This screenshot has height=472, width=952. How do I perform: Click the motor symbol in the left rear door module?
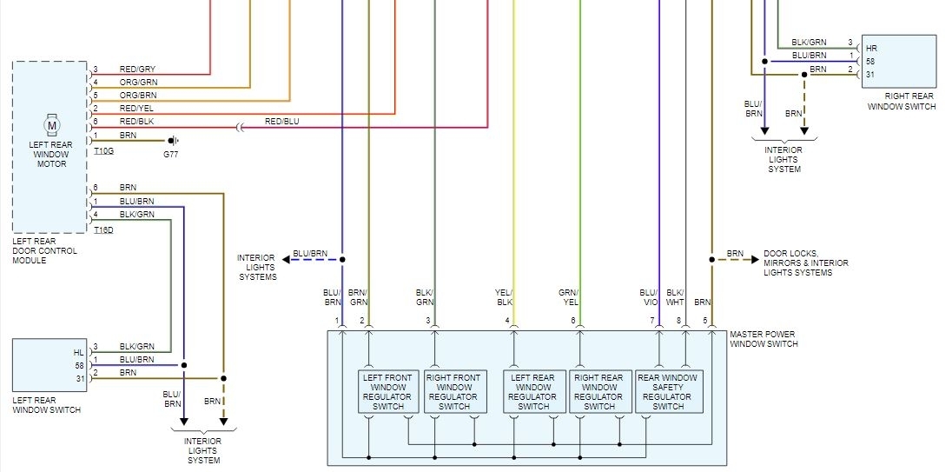click(x=51, y=126)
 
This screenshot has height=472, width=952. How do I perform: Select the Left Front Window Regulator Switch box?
click(x=388, y=391)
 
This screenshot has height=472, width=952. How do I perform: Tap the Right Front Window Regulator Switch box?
click(x=453, y=391)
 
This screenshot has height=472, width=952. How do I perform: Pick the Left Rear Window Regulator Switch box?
click(x=533, y=391)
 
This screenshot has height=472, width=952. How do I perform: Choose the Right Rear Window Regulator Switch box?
click(x=599, y=391)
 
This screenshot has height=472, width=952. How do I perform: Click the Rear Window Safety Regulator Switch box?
click(x=668, y=391)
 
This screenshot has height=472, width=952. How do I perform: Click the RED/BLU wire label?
click(x=281, y=122)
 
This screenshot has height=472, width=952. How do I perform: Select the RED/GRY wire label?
click(x=137, y=70)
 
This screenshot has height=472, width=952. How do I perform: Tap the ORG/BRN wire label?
click(x=137, y=95)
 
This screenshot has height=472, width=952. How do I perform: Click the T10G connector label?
click(x=103, y=151)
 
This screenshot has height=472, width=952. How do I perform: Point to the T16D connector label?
click(x=103, y=229)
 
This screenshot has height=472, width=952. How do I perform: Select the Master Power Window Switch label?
click(x=763, y=339)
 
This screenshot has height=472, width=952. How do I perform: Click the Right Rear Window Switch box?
click(x=898, y=61)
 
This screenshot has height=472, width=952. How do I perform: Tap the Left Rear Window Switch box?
click(x=50, y=365)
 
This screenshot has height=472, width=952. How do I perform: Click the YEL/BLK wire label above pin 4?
click(x=505, y=297)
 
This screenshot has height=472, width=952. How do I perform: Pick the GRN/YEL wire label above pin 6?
click(x=570, y=297)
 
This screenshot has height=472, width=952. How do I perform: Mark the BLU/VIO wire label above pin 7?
click(x=649, y=297)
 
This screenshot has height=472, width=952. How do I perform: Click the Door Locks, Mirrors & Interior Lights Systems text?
click(x=805, y=263)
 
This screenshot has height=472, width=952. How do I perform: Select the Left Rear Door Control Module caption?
click(x=44, y=250)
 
